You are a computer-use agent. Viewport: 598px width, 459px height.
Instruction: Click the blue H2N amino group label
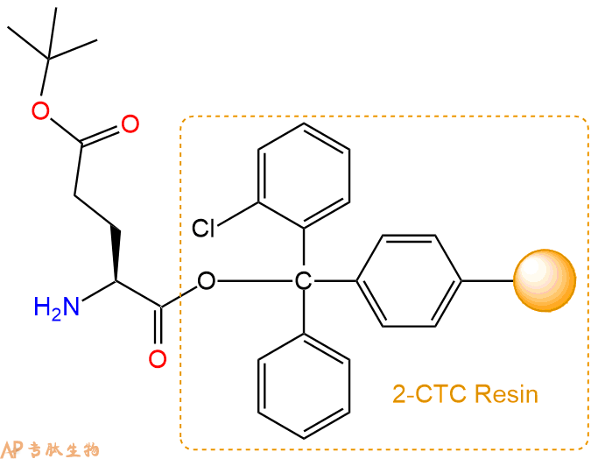(56, 307)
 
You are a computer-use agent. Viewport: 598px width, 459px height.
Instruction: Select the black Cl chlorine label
(203, 228)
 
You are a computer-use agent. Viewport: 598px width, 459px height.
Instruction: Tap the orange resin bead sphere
(545, 280)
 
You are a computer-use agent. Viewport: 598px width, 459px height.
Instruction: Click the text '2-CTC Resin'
(465, 393)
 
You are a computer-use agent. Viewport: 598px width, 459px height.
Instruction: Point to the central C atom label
(303, 281)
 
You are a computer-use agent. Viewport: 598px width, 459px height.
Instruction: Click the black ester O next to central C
(207, 281)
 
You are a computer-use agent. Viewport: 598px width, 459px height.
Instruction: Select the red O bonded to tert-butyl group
(40, 111)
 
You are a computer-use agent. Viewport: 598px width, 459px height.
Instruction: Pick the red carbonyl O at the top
(130, 124)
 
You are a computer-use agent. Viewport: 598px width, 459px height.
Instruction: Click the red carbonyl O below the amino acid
(158, 359)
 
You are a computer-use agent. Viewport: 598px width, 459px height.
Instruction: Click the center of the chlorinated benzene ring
(304, 176)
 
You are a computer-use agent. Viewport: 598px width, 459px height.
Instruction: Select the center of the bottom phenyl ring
(304, 386)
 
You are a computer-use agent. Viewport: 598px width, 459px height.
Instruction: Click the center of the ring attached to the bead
(409, 281)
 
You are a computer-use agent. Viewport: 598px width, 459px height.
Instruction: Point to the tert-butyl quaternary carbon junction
(48, 59)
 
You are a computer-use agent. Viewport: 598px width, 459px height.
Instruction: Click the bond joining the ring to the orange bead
(488, 281)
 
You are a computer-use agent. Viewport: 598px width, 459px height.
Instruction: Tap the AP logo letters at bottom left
(12, 449)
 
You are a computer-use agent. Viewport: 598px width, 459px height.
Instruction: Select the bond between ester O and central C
(255, 281)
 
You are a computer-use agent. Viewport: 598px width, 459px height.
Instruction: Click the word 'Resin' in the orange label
(506, 393)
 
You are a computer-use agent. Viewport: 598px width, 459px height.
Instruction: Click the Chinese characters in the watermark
(64, 450)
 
